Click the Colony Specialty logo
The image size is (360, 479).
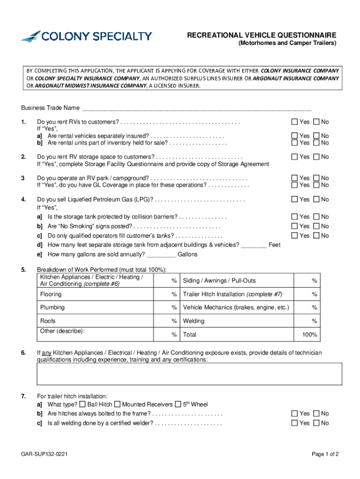click(x=86, y=36)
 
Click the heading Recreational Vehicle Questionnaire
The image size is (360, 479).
click(x=261, y=36)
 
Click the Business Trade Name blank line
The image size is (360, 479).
click(x=196, y=108)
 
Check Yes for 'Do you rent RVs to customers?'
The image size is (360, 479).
click(x=295, y=122)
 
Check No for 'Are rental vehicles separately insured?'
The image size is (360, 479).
click(x=316, y=136)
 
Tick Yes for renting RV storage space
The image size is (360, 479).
click(x=295, y=157)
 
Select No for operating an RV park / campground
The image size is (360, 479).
click(x=316, y=178)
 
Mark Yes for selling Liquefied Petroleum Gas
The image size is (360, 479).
click(x=295, y=200)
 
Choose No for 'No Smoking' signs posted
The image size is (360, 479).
click(x=316, y=226)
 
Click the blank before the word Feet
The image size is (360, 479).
click(x=254, y=245)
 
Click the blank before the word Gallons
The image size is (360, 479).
click(x=161, y=254)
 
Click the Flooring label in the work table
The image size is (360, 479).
click(x=51, y=294)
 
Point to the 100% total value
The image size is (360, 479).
click(x=310, y=335)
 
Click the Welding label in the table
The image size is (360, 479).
click(x=194, y=321)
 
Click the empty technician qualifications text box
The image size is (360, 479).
click(x=189, y=374)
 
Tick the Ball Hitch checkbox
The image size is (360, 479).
click(x=82, y=404)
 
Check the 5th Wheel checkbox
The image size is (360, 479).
click(x=178, y=404)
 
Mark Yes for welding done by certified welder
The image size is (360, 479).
click(x=295, y=423)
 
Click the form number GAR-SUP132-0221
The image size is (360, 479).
click(x=46, y=454)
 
